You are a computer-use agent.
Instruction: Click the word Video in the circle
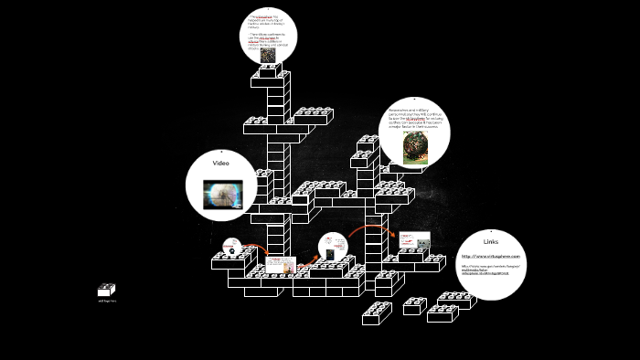coord(220,164)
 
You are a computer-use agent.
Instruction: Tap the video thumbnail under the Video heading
coord(222,193)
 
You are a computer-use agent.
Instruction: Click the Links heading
coord(491,242)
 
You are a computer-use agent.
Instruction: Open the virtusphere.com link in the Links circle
coord(490,256)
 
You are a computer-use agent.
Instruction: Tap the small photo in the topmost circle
coord(268,55)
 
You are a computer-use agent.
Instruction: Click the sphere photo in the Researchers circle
coord(414,146)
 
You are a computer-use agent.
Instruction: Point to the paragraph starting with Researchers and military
coord(413,118)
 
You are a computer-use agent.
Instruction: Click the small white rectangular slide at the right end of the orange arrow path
coord(413,240)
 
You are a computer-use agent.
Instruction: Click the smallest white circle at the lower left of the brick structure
coord(232,247)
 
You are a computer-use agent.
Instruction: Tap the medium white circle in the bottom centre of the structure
coord(333,249)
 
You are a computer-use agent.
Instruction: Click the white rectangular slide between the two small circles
coord(282,265)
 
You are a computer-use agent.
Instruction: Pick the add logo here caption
coord(106,301)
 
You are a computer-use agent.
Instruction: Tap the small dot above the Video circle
coord(220,151)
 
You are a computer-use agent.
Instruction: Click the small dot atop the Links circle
coord(491,231)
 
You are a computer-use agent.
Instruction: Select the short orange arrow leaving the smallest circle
coord(257,249)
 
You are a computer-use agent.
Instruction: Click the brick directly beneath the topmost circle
coord(270,79)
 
